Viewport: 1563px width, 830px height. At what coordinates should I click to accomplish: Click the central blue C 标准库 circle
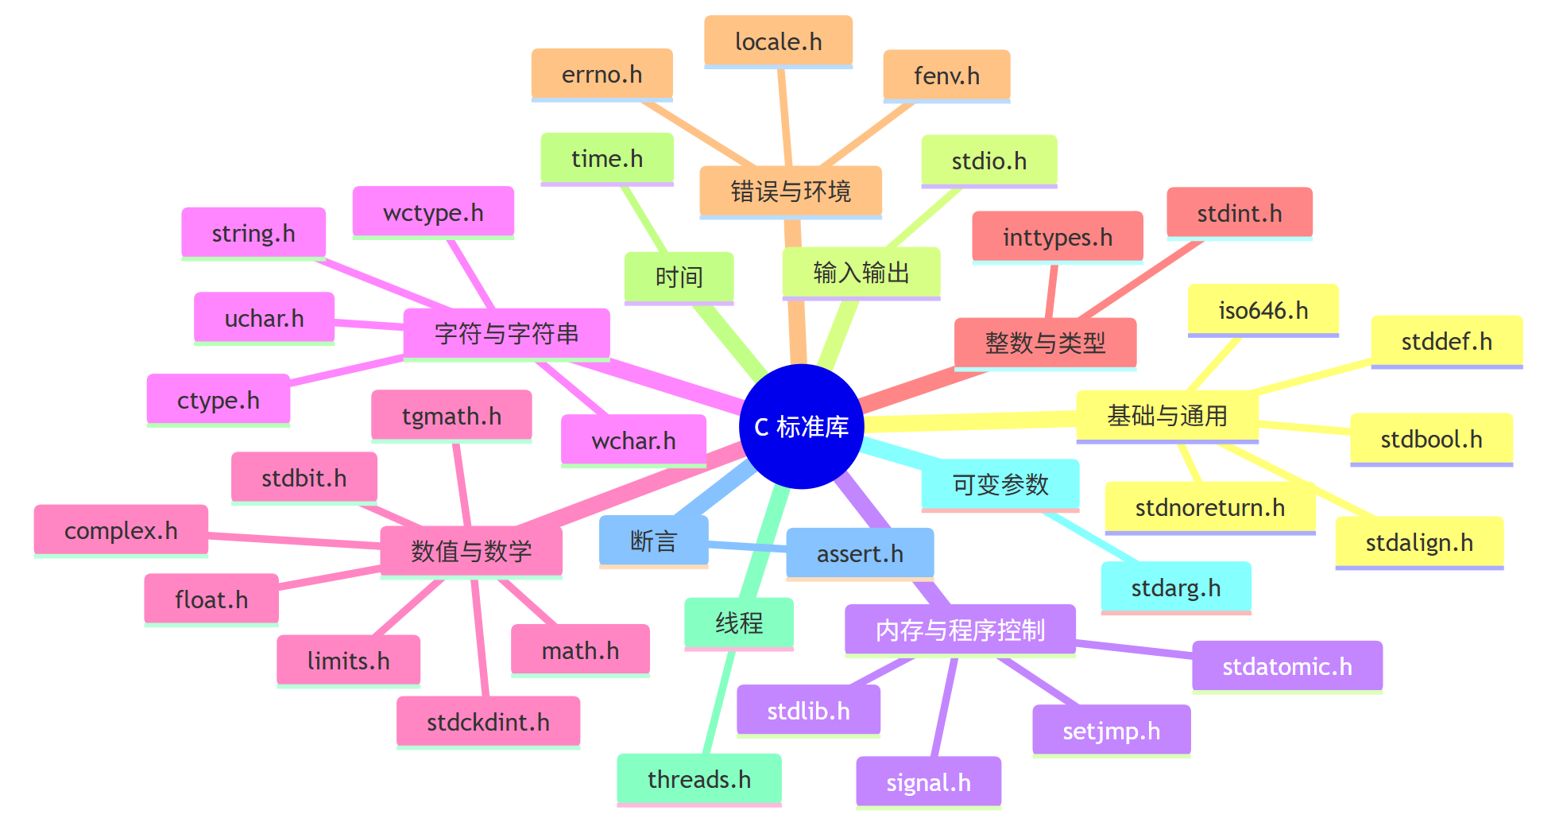[801, 427]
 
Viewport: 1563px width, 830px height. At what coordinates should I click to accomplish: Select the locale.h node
[778, 41]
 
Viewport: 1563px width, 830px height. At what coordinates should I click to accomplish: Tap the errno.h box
[602, 74]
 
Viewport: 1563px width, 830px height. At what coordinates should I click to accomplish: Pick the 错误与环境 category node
[791, 191]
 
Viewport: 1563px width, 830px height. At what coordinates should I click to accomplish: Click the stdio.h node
[988, 161]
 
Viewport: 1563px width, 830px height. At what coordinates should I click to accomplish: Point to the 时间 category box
[679, 277]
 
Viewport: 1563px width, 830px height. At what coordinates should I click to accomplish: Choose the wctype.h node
[433, 212]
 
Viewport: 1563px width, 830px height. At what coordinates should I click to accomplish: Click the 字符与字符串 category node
[506, 333]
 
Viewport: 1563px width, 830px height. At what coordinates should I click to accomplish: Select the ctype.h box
[218, 400]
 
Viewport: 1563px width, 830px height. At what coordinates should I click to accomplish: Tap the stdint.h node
[1239, 213]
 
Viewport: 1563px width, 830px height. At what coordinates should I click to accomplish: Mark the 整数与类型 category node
[1045, 343]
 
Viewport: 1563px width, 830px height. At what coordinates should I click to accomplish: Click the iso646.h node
[1263, 310]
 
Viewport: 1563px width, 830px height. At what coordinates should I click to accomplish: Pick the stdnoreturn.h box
[1209, 507]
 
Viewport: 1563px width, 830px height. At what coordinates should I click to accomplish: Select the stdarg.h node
[1175, 588]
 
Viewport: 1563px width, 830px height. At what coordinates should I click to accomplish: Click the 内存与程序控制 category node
[960, 630]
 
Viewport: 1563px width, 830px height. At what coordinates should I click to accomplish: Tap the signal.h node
[928, 782]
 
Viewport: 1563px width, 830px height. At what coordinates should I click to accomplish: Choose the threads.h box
[698, 779]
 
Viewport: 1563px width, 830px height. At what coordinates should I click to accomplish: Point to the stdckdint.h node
[488, 722]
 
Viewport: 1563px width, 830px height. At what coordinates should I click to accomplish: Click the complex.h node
[121, 530]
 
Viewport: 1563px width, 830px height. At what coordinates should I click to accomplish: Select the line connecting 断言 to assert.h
[747, 546]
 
